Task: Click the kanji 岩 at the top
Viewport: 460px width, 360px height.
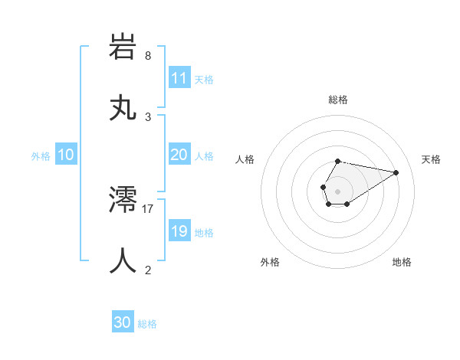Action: (123, 47)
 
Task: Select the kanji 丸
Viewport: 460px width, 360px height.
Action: (123, 108)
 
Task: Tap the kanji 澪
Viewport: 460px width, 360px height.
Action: (123, 200)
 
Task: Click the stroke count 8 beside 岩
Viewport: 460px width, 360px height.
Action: (148, 56)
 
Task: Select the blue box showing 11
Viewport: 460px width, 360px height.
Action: (179, 78)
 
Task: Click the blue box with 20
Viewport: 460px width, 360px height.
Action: (179, 155)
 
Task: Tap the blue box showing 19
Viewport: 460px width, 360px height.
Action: (179, 231)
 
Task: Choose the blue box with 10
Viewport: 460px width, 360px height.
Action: (65, 155)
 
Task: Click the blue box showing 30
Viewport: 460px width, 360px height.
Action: (123, 322)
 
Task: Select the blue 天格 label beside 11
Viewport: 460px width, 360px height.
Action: (204, 79)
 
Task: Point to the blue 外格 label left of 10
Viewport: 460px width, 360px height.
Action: (41, 155)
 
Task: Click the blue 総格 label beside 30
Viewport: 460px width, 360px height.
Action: (148, 323)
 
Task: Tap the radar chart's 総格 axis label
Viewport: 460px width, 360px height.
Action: (338, 100)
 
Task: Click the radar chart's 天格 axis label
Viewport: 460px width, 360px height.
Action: (431, 159)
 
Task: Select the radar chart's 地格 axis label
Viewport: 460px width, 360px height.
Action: (402, 262)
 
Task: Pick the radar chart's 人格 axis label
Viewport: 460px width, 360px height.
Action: (245, 159)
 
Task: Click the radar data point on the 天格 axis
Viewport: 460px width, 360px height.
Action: (396, 172)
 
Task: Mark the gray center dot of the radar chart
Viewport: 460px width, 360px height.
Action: (337, 190)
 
